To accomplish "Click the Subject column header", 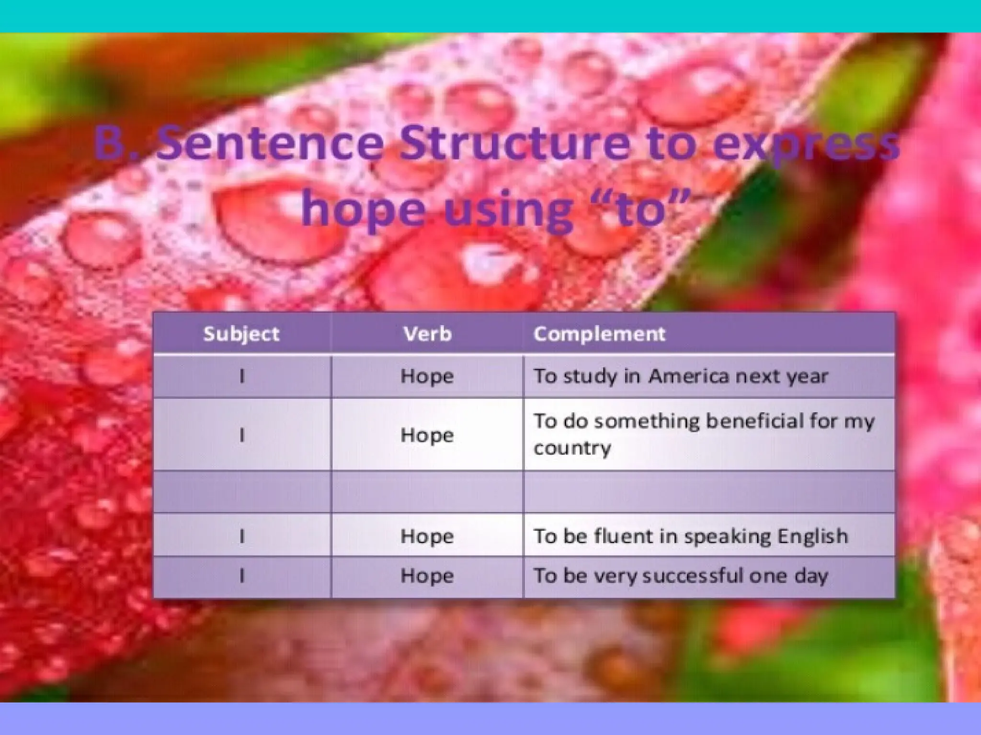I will coord(241,334).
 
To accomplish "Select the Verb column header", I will coord(427,334).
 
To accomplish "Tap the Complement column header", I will coord(599,334).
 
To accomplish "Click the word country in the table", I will coord(572,448).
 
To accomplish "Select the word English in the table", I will coord(812,536).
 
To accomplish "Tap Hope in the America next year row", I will coord(427,376).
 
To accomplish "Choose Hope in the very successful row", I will coord(427,576).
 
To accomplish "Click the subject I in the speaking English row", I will coord(242,536).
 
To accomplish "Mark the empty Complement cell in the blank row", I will coord(709,491).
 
